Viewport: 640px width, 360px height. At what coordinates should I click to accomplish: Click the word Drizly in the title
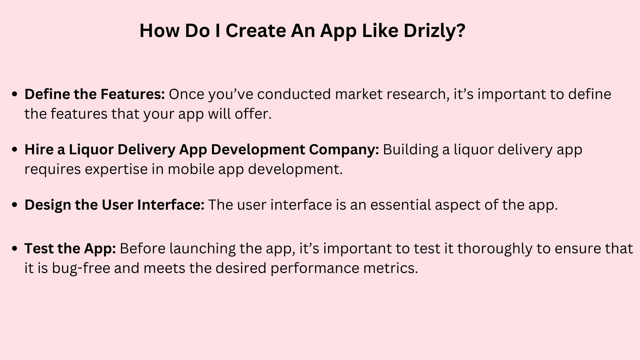[434, 31]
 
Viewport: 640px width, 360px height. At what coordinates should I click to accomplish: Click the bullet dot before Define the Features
[14, 94]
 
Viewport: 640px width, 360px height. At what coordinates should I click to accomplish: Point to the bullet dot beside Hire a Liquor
[14, 150]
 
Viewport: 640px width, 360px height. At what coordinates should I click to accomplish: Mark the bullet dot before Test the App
[14, 249]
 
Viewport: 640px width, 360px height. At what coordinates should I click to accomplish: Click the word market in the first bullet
[359, 94]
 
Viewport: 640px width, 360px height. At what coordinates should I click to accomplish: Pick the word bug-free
[81, 269]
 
